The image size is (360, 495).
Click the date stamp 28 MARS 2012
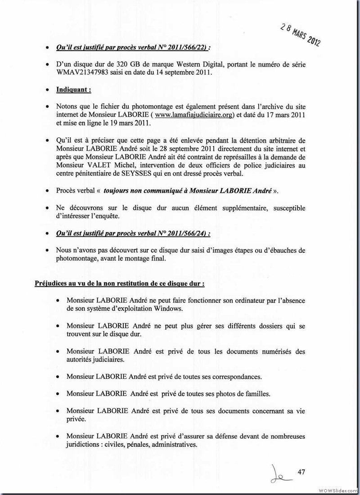tap(300, 34)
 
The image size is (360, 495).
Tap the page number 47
tap(301, 472)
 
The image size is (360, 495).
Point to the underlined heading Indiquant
tap(73, 90)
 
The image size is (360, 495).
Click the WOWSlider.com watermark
tap(337, 489)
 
